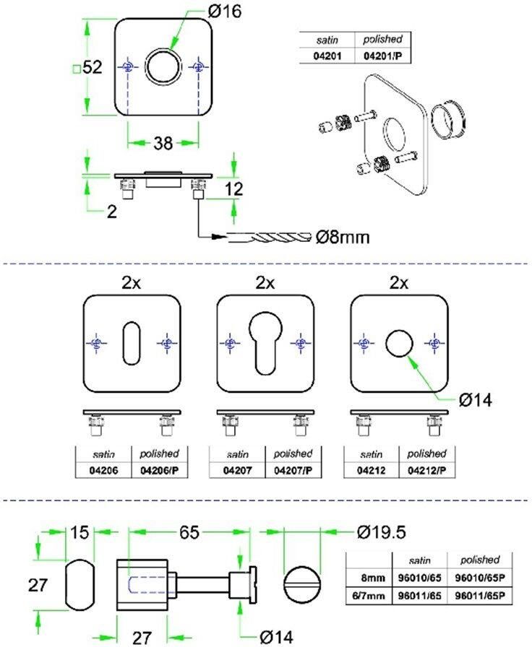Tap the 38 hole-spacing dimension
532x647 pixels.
pyautogui.click(x=163, y=143)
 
